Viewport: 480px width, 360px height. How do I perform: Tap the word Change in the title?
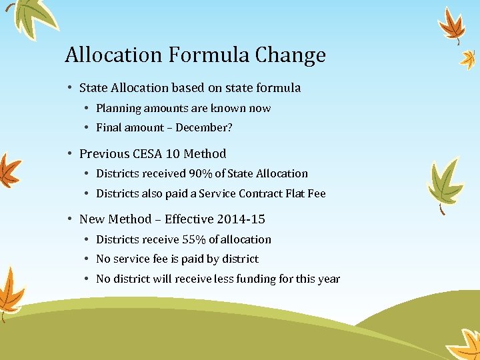pos(291,55)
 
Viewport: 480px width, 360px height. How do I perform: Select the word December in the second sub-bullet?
pos(201,127)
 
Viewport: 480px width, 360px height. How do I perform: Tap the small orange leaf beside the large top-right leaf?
pos(469,59)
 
